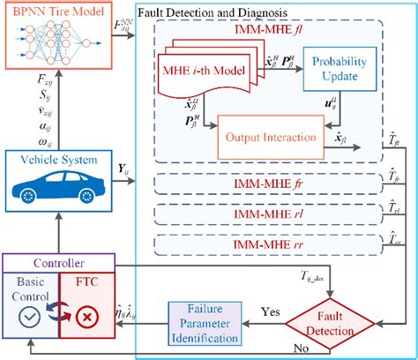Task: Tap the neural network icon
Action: (59, 41)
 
